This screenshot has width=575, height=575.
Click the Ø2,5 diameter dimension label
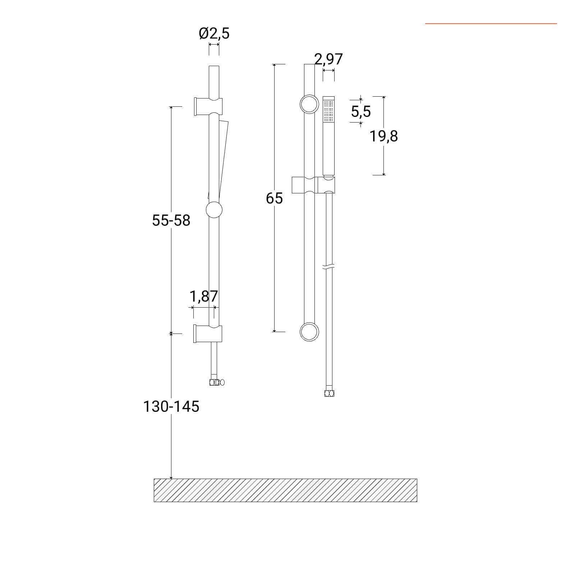click(214, 33)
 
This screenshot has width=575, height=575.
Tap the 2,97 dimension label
click(328, 59)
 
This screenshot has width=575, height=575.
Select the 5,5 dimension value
click(361, 112)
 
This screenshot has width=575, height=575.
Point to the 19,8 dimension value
click(384, 137)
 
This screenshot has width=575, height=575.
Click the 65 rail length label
click(274, 198)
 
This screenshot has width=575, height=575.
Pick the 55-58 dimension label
click(171, 220)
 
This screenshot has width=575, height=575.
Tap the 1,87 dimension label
click(203, 296)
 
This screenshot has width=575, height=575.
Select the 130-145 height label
click(171, 406)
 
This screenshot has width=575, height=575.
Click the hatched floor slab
click(285, 490)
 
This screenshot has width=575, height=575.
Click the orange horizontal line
click(491, 24)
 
